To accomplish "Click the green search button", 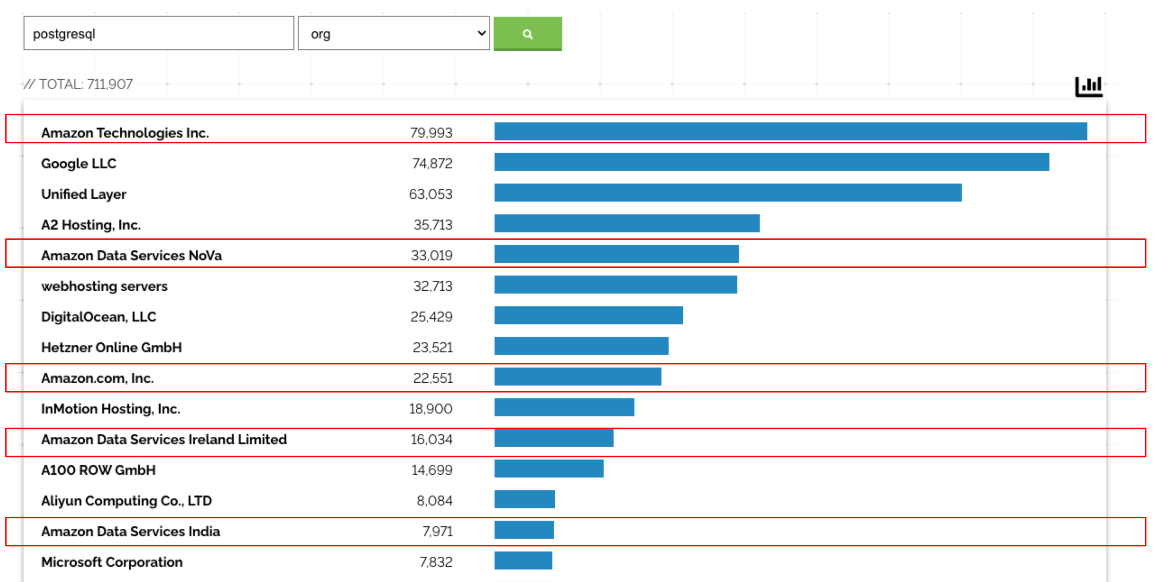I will coord(527,34).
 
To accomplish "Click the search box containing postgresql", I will coord(158,34).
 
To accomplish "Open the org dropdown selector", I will coord(394,34).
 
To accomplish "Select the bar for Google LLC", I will coord(771,162).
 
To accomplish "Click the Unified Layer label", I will coord(84,194).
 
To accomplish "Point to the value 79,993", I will coord(431,133).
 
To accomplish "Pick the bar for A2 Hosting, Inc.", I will coord(626,224).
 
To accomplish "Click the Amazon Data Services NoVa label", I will coord(131,256).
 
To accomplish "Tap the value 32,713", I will coord(432,286).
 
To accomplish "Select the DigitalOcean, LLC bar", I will coord(588,316).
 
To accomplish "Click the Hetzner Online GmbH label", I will coord(111,348).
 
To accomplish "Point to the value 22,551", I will coord(432,378).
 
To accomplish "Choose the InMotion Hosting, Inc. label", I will coord(110,409).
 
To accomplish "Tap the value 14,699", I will coord(432,470).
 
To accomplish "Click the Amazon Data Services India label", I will coord(130,531).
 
